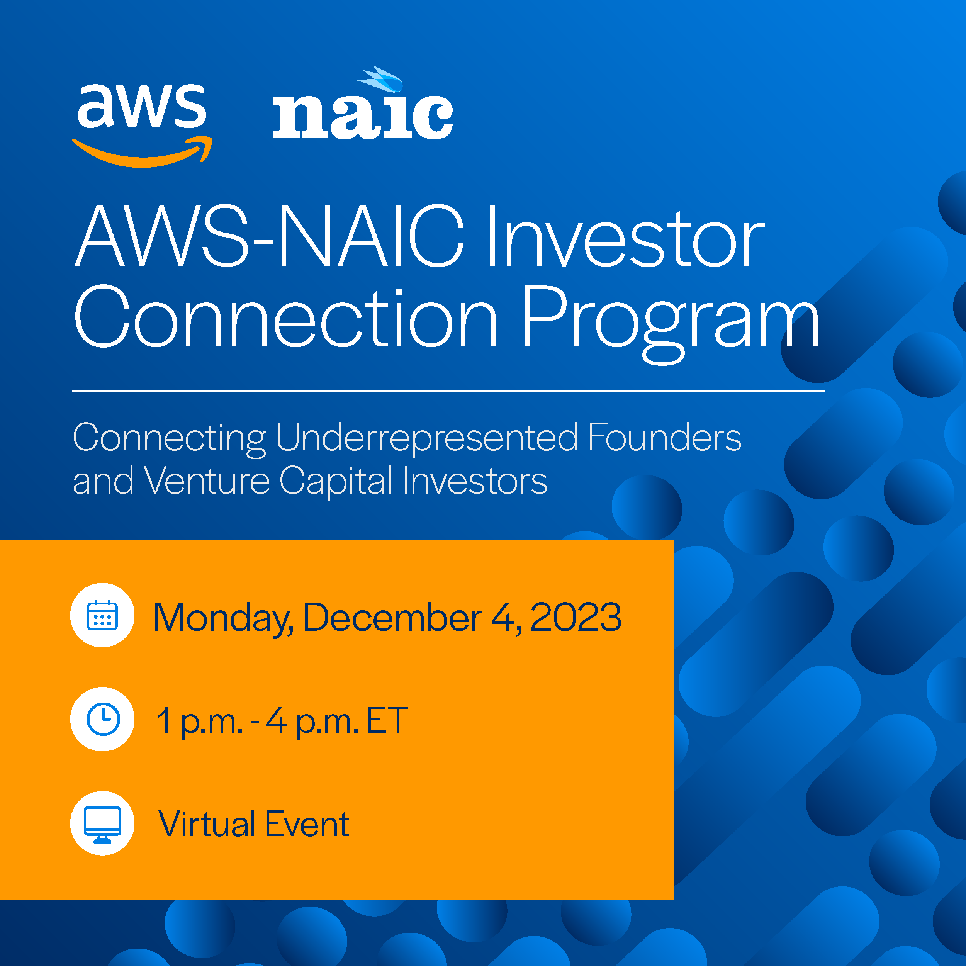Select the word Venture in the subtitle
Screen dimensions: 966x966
coord(207,480)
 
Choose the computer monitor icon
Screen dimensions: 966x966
coord(102,823)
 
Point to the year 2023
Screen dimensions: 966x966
coord(576,617)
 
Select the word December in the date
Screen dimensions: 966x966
coord(393,617)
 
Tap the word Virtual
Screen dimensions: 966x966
coord(207,824)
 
